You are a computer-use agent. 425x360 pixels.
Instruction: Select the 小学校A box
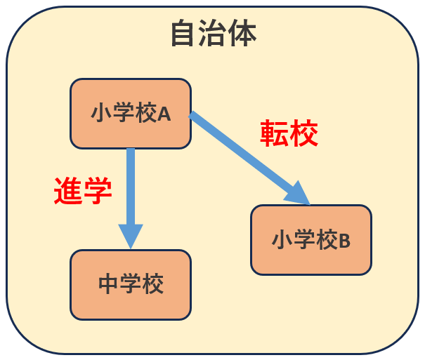pyautogui.click(x=131, y=113)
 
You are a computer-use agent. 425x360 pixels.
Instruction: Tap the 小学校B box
pyautogui.click(x=311, y=240)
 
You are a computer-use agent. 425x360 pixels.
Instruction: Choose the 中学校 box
pyautogui.click(x=131, y=284)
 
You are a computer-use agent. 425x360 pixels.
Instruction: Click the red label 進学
pyautogui.click(x=83, y=190)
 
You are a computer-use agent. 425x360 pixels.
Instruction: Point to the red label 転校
pyautogui.click(x=289, y=133)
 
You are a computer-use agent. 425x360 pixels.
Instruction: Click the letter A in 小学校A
pyautogui.click(x=164, y=114)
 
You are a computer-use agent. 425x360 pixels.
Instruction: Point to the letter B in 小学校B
pyautogui.click(x=345, y=241)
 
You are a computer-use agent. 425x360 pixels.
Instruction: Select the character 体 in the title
pyautogui.click(x=243, y=34)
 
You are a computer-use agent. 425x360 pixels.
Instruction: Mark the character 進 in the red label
pyautogui.click(x=68, y=190)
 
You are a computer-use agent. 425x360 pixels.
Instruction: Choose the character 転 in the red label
pyautogui.click(x=275, y=133)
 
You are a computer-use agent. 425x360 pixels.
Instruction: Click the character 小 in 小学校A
pyautogui.click(x=101, y=113)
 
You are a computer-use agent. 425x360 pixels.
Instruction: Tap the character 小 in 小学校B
pyautogui.click(x=282, y=240)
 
